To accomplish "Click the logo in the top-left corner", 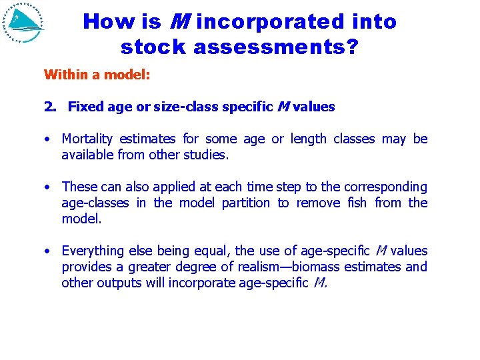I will (x=23, y=23).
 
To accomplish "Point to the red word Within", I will (x=65, y=74).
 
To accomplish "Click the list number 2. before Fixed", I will (x=50, y=107).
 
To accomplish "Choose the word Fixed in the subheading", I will (x=83, y=107).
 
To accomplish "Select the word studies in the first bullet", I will (x=207, y=155).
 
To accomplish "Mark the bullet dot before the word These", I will (x=48, y=187).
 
